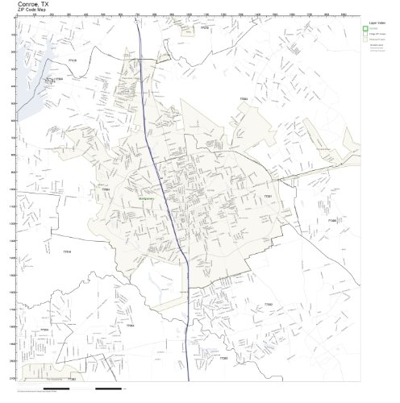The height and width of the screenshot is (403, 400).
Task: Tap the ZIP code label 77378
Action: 205,28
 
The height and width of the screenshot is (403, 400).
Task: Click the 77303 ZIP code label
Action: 244,99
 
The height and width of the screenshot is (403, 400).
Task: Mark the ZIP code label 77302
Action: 269,304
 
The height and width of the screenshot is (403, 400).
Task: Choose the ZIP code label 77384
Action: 130,325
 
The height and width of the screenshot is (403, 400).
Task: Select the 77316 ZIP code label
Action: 68,252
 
